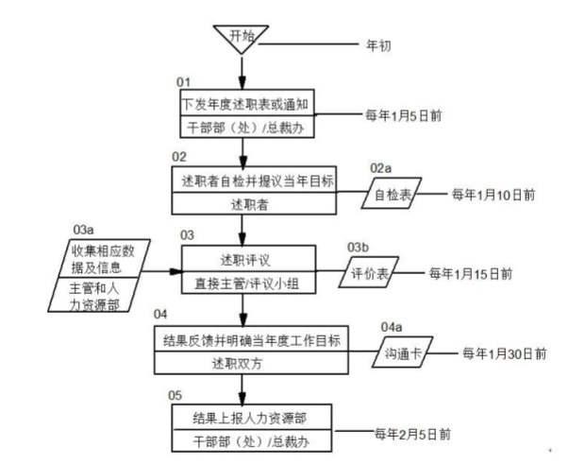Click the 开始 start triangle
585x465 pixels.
[242, 38]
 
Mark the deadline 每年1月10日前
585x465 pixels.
[493, 195]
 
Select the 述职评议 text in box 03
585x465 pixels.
[242, 258]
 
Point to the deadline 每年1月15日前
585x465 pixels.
[471, 273]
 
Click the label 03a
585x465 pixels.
[83, 230]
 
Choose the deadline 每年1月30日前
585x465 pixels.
[503, 353]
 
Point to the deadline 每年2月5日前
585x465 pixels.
[412, 434]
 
